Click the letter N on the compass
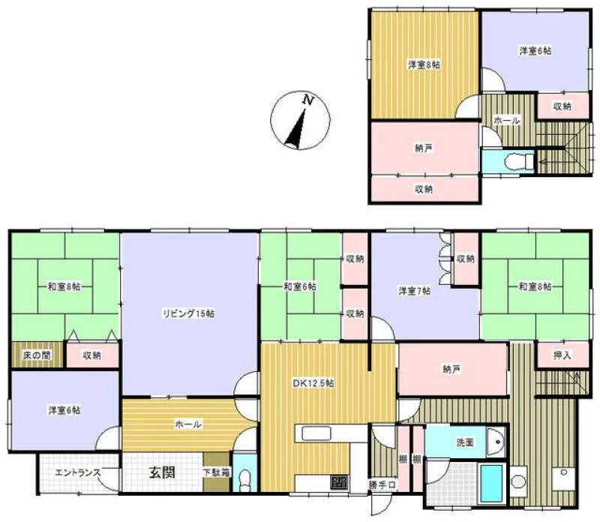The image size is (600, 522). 308,100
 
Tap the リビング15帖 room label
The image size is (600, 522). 189,313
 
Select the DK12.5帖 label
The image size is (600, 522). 313,383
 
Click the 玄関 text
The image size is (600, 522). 162,472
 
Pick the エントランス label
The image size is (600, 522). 78,472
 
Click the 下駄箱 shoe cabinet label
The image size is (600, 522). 216,472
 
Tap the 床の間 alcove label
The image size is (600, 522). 37,355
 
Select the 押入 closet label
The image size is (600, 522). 562,355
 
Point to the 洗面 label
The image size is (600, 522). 465,442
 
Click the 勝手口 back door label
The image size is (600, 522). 382,485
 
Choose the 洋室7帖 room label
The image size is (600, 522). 415,291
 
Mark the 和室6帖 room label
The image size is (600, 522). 300,286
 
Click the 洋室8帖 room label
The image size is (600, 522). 424,64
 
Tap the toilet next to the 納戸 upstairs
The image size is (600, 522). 518,161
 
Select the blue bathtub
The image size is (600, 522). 492,483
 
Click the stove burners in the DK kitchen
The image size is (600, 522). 340,481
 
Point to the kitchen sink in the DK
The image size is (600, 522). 316,433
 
